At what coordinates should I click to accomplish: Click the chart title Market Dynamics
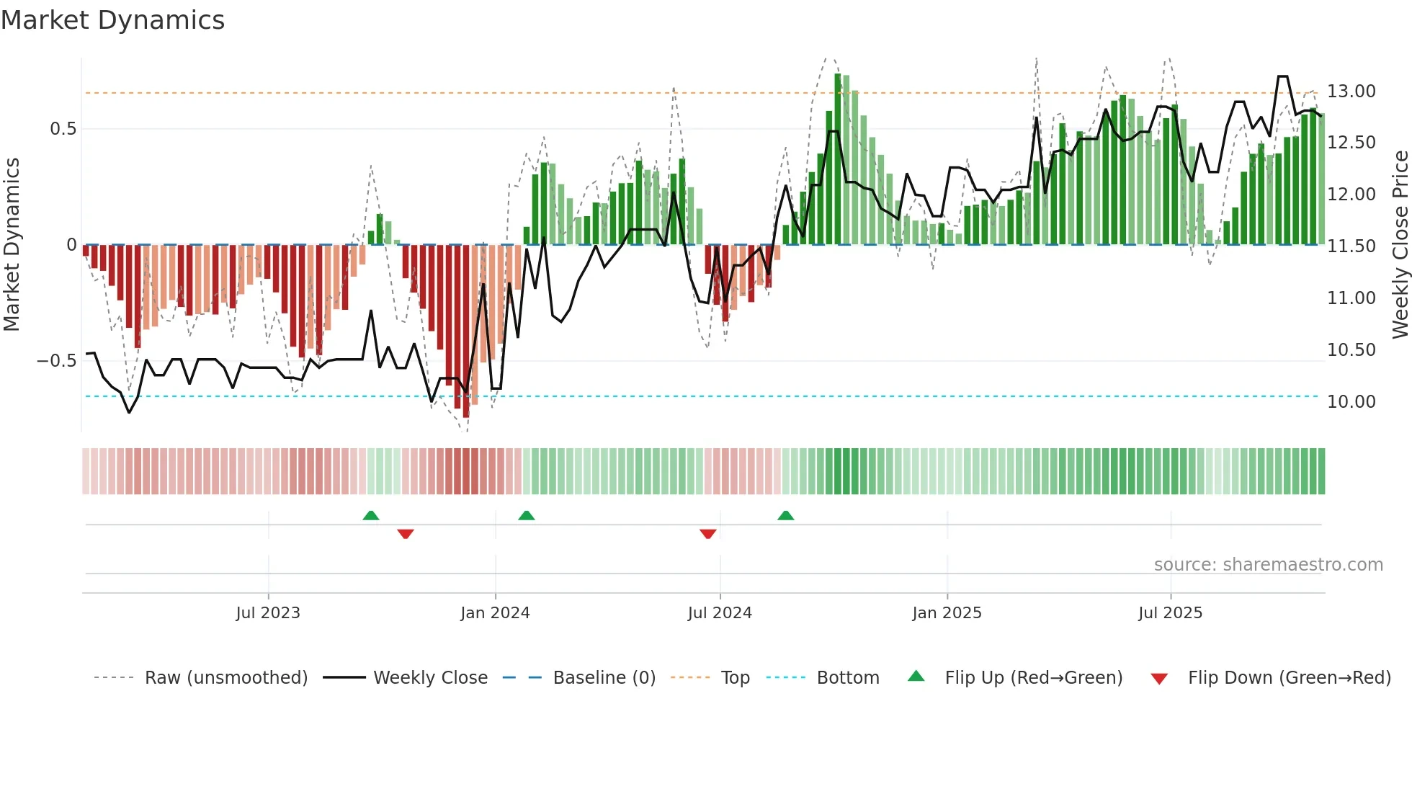[x=112, y=20]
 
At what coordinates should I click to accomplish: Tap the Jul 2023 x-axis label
[x=268, y=613]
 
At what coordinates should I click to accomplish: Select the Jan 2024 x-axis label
[x=495, y=613]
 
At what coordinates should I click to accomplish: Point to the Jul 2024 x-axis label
[x=720, y=613]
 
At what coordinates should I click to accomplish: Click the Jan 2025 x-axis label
[x=947, y=613]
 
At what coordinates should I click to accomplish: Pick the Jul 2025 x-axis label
[x=1171, y=613]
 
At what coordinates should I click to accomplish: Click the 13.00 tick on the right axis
[x=1351, y=92]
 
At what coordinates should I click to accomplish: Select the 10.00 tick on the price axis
[x=1351, y=402]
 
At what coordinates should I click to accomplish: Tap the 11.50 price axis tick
[x=1351, y=246]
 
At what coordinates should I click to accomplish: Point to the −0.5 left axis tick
[x=57, y=361]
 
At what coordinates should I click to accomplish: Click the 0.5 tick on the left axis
[x=63, y=129]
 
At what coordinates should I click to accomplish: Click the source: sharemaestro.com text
[x=1268, y=565]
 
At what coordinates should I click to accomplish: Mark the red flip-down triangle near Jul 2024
[x=708, y=534]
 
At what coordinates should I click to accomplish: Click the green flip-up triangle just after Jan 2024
[x=527, y=515]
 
